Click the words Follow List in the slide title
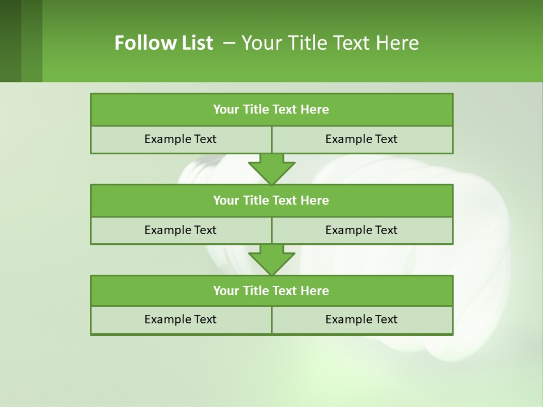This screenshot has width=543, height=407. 163,43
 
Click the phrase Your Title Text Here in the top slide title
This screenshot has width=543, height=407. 330,43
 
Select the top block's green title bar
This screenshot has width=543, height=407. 271,110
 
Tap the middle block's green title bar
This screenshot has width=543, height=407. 271,200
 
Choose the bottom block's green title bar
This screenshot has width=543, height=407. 271,291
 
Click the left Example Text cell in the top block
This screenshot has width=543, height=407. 180,139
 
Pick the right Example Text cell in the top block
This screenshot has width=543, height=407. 361,139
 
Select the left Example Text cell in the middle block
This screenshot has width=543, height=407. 180,230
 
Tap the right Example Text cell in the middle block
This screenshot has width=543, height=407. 361,230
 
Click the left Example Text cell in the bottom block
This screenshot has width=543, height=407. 180,319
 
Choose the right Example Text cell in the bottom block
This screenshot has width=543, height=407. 361,319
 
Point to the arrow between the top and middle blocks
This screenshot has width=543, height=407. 271,168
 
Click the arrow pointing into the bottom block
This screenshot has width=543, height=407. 271,259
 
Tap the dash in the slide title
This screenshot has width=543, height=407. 229,43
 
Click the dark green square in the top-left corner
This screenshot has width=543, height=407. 11,41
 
